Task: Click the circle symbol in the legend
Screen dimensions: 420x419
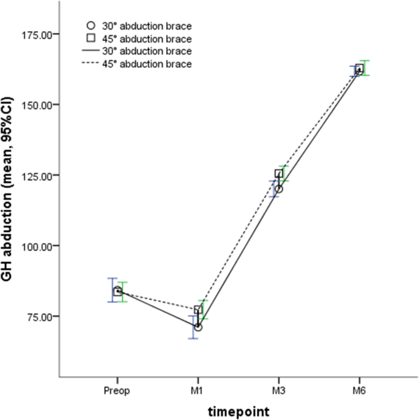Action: point(91,26)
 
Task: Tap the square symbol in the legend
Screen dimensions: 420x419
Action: point(91,39)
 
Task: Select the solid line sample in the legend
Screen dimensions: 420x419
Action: point(91,51)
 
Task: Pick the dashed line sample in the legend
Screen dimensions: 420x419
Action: point(91,64)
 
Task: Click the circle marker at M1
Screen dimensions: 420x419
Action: point(198,327)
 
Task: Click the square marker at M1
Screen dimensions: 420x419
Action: point(198,310)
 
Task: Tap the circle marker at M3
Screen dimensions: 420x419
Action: point(278,189)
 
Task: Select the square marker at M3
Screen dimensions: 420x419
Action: point(279,174)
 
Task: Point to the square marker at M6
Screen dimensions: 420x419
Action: point(360,69)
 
